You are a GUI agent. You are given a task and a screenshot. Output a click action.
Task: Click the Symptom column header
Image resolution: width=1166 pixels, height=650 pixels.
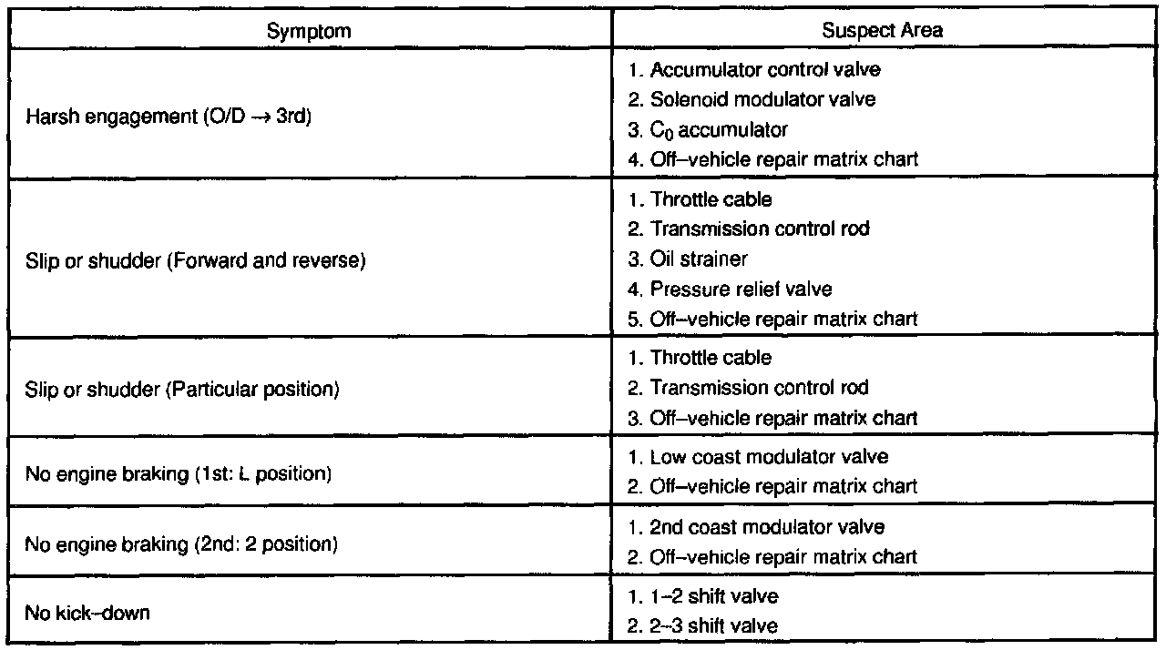(x=309, y=30)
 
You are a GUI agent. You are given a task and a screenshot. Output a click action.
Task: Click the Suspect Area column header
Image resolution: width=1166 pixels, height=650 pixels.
(x=882, y=30)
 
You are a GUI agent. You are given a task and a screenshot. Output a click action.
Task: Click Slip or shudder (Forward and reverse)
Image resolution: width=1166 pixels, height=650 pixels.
(x=196, y=260)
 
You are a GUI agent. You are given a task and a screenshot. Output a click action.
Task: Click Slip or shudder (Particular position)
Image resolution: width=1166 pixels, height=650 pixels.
(x=182, y=390)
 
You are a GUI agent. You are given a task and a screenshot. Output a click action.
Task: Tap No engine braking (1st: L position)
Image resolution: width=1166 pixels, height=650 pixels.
(x=177, y=473)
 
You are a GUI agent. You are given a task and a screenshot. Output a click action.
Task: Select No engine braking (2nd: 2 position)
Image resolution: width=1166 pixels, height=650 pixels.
(x=181, y=545)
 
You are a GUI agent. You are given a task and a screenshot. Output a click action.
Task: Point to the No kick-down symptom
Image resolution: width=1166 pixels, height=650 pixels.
(x=87, y=613)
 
